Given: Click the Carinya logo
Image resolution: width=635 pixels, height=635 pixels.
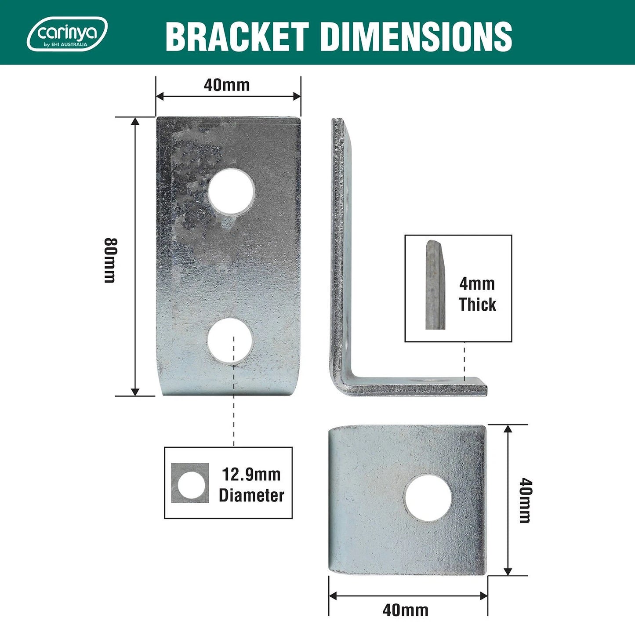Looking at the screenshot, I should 67,34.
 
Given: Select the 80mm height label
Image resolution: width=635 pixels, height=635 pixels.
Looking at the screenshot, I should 110,260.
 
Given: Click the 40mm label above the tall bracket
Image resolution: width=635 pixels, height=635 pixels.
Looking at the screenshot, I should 226,85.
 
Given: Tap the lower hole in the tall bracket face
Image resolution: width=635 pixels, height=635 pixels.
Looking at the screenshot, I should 230,341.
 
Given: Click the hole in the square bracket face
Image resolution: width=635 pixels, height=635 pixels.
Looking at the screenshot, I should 428,498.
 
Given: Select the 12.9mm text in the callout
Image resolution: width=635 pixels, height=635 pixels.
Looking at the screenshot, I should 251,475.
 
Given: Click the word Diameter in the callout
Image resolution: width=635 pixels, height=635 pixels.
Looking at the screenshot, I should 251,495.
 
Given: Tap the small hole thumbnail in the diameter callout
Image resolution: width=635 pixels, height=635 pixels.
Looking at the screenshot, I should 190,483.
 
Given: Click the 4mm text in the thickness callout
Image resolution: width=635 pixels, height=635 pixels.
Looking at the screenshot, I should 477,284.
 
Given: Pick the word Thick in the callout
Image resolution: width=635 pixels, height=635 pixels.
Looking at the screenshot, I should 477,304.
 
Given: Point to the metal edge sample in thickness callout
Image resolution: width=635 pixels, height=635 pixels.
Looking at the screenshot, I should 435,285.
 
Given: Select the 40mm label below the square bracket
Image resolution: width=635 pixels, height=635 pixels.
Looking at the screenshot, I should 405,610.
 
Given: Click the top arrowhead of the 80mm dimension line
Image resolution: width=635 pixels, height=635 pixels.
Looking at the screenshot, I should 135,121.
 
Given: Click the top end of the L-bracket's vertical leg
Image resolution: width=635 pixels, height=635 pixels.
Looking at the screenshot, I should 337,121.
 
